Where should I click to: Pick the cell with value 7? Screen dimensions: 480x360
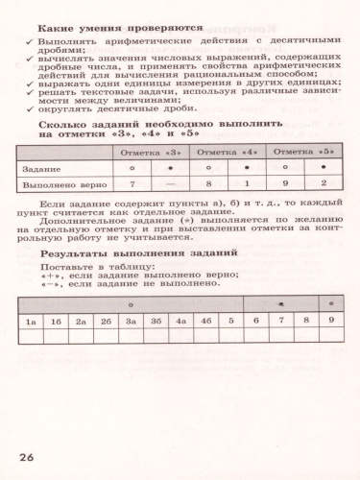pos(132,183)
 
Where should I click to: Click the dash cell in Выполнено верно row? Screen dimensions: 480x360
pos(170,183)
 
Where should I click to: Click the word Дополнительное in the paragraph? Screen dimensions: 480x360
pos(94,219)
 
